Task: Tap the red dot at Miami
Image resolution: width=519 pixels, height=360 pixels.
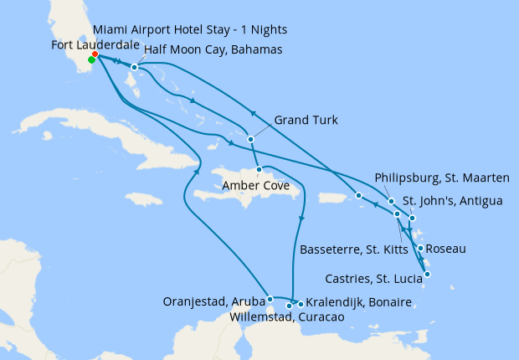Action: (95, 54)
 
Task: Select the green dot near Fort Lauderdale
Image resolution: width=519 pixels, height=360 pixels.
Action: (91, 59)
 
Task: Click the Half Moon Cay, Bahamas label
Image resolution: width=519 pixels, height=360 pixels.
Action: (213, 50)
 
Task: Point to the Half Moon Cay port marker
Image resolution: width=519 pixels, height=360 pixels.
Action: (134, 67)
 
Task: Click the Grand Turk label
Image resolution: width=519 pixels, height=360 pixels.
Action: (306, 121)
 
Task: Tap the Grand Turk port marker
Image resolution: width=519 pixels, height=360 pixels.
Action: (249, 139)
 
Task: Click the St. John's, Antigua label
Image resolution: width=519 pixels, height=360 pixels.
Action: (452, 201)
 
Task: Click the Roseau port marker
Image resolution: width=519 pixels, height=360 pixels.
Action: (419, 248)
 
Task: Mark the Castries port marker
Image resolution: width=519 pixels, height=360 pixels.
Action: (427, 274)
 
